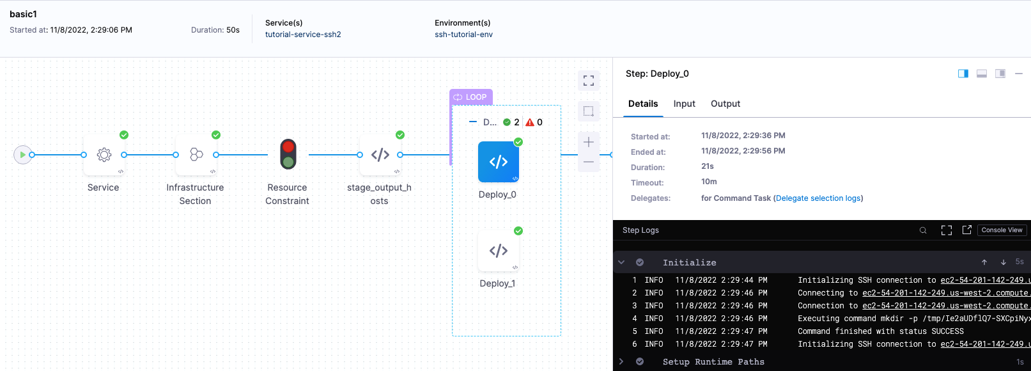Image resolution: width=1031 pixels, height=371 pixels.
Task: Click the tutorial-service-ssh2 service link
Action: [303, 35]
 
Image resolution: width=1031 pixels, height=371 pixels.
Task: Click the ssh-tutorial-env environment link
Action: [463, 35]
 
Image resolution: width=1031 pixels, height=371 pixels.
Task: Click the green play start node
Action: [22, 155]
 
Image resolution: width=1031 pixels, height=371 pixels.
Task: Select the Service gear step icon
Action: [104, 155]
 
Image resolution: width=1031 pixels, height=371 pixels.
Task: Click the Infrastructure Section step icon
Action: [196, 155]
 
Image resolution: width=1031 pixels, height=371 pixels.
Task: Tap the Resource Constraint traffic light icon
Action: [288, 154]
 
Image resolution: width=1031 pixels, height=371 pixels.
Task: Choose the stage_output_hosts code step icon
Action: [380, 155]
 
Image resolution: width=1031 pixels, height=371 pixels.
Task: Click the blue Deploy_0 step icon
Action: [499, 162]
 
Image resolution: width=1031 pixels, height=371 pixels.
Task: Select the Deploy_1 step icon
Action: [499, 251]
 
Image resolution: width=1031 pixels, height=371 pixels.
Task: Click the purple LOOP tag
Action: [471, 97]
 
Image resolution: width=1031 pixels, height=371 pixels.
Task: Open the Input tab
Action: [684, 104]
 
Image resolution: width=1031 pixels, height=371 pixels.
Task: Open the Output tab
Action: [725, 104]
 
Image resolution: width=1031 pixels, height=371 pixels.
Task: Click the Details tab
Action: [643, 104]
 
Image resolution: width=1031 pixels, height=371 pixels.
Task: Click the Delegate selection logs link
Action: [818, 198]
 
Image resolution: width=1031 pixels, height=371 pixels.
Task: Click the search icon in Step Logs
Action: [923, 230]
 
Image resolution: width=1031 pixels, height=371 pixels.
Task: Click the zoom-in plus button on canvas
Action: [589, 142]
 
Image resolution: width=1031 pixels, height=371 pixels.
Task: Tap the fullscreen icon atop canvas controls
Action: [589, 81]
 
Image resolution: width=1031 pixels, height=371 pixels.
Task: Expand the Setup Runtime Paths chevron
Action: [621, 361]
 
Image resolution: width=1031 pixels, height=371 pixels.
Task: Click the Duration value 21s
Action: [708, 166]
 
